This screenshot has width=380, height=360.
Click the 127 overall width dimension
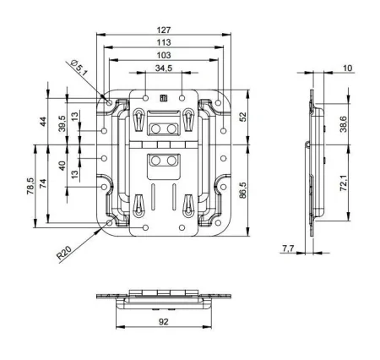(164, 30)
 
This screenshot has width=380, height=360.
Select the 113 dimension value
(164, 42)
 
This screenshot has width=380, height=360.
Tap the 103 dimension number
(164, 55)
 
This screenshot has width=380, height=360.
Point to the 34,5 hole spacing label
(164, 68)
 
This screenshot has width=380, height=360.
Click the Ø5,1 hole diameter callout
(79, 68)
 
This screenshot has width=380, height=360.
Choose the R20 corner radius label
(64, 252)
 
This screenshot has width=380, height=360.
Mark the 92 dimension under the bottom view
(163, 321)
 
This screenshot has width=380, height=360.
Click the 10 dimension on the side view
(348, 68)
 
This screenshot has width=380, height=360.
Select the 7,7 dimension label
(288, 248)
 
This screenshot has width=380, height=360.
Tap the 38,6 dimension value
(344, 124)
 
